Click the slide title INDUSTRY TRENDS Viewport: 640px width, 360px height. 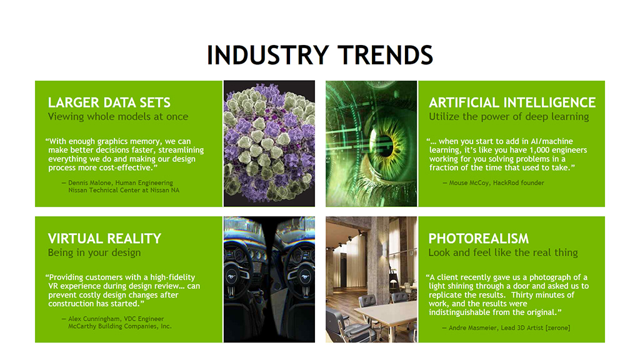[319, 55]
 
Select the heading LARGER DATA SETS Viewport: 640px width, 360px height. [109, 102]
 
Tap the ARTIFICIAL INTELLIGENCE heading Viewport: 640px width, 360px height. [512, 102]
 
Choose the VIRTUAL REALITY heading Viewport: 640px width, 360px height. [104, 238]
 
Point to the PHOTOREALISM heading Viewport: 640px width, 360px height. [478, 238]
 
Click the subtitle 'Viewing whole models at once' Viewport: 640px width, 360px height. [118, 117]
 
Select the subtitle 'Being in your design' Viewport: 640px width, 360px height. [94, 252]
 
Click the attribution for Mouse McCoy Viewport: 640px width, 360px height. [494, 183]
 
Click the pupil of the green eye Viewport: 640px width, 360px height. [385, 145]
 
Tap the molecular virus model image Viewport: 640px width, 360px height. [269, 143]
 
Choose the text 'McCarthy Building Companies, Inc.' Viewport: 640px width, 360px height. [120, 326]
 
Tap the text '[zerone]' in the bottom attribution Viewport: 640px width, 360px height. [557, 327]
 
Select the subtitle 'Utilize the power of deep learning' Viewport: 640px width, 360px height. [509, 117]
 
